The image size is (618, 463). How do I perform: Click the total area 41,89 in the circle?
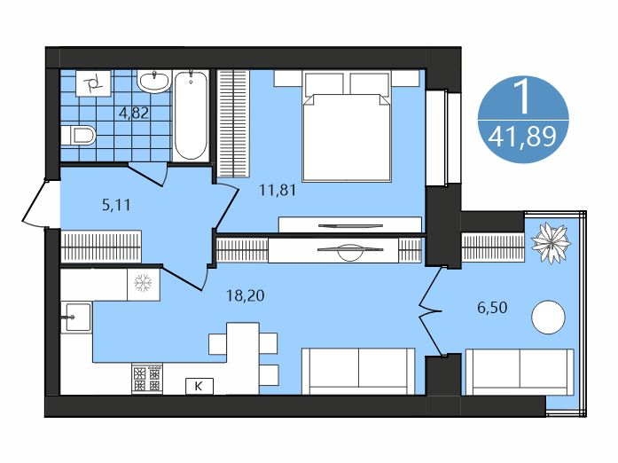pyautogui.click(x=523, y=137)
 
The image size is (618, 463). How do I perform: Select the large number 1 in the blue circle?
pyautogui.click(x=523, y=96)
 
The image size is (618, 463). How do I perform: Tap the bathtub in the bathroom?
pyautogui.click(x=192, y=115)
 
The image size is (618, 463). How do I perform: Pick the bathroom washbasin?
pyautogui.click(x=153, y=82)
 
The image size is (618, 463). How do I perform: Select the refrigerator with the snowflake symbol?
pyautogui.click(x=143, y=285)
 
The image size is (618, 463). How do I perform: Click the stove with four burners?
pyautogui.click(x=147, y=379)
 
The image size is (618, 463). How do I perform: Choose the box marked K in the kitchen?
pyautogui.click(x=199, y=385)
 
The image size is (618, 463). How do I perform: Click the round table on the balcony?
pyautogui.click(x=548, y=317)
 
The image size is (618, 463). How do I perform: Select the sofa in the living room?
pyautogui.click(x=358, y=371)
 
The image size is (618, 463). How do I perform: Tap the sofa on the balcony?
pyautogui.click(x=520, y=371)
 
